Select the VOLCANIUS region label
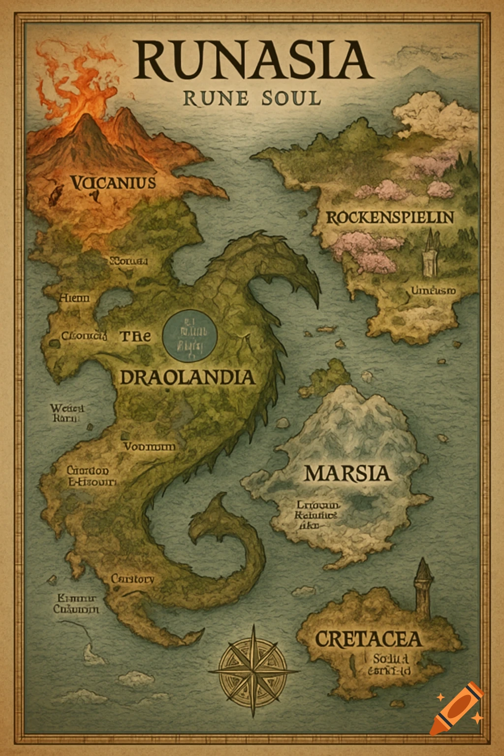click(x=113, y=183)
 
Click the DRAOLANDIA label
click(x=188, y=378)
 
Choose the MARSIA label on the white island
click(x=347, y=473)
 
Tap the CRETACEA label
click(x=368, y=639)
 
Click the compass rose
click(x=253, y=670)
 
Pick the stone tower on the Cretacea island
click(x=423, y=588)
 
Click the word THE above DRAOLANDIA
click(x=135, y=336)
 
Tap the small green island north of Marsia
click(x=335, y=372)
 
